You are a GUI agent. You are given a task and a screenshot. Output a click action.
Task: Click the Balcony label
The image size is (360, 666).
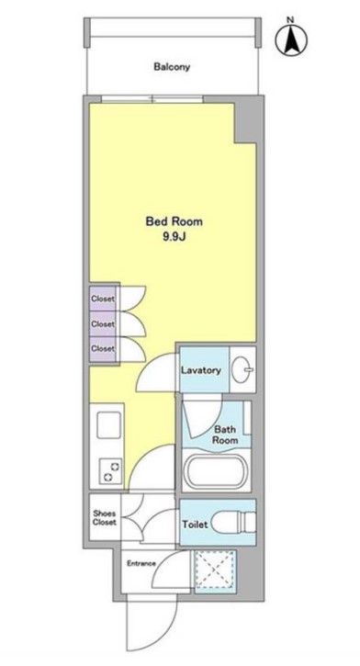pos(172,67)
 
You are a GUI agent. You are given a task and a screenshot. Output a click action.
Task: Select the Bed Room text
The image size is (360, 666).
pos(174,221)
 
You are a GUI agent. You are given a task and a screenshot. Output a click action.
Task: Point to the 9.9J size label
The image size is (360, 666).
pos(174,237)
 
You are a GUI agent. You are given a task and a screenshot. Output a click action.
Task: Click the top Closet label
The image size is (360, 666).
pos(103,299)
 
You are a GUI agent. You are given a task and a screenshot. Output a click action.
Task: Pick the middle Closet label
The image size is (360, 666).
pos(103,324)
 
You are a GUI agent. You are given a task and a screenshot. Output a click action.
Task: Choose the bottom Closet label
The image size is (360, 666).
pos(103,349)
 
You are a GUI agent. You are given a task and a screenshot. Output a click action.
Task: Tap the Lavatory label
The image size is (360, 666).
pos(201,370)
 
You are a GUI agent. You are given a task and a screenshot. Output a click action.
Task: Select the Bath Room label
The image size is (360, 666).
pos(225,435)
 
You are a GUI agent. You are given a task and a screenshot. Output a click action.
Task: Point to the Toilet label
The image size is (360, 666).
pos(195,525)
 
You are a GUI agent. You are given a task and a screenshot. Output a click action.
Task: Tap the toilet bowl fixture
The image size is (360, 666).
pos(234,522)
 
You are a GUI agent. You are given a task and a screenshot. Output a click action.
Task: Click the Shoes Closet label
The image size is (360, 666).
pos(105,518)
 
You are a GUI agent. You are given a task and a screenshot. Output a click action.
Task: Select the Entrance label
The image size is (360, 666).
pos(141,564)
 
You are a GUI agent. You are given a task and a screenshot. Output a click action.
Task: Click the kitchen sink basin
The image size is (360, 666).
pos(109,425)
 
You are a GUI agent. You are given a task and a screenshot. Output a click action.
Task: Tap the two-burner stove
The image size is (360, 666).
pos(110,471)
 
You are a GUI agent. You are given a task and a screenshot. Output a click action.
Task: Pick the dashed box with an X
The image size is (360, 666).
pos(215,570)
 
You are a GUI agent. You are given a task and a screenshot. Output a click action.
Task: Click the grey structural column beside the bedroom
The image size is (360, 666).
pos(246,119)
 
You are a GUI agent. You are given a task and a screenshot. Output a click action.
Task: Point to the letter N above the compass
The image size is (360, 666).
pos(290,20)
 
